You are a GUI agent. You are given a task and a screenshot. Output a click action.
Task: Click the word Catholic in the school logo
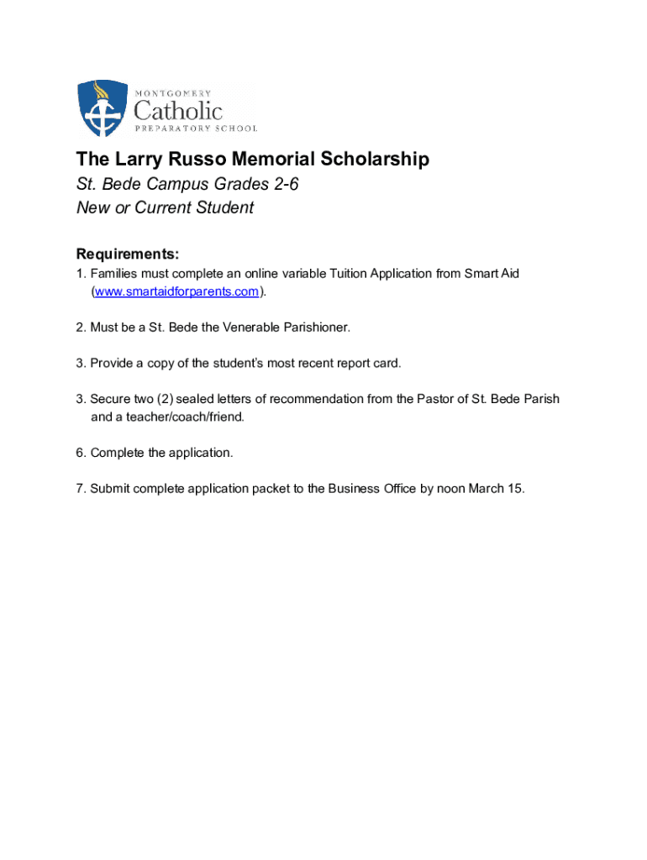178,110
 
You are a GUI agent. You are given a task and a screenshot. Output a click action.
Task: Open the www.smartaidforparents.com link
176,291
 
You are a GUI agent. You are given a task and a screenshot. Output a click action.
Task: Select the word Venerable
248,328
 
